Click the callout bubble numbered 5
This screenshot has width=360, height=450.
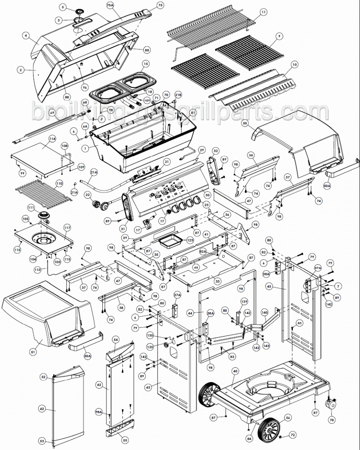[62, 7]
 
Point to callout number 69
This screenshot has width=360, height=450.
[52, 113]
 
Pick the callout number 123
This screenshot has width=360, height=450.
[190, 240]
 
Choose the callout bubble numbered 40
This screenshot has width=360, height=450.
[235, 371]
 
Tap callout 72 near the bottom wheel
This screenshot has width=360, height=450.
[292, 434]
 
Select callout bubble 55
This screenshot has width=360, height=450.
[125, 440]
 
